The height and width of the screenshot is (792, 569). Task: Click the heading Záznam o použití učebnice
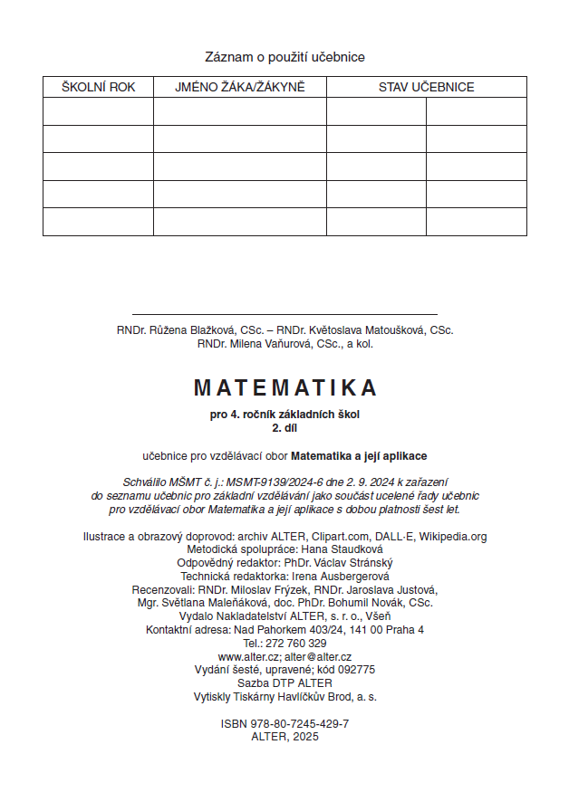click(284, 57)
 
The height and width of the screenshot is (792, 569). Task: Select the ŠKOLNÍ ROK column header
click(98, 88)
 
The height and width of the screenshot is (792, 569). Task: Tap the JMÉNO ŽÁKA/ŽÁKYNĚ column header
click(240, 88)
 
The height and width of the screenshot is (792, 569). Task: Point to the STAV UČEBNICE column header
click(426, 88)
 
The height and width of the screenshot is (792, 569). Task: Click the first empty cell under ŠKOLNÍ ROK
click(98, 111)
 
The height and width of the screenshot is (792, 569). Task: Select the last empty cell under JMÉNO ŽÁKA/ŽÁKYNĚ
click(240, 222)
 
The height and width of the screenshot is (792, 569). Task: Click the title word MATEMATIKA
click(284, 388)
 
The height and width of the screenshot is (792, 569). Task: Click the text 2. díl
click(284, 428)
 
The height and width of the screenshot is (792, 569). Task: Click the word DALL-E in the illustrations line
click(391, 537)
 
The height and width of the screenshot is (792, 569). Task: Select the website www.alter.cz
click(247, 656)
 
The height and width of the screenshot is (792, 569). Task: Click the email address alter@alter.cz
click(317, 656)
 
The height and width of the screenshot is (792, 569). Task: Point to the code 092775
click(354, 670)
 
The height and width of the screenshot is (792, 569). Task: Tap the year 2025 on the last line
click(302, 737)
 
